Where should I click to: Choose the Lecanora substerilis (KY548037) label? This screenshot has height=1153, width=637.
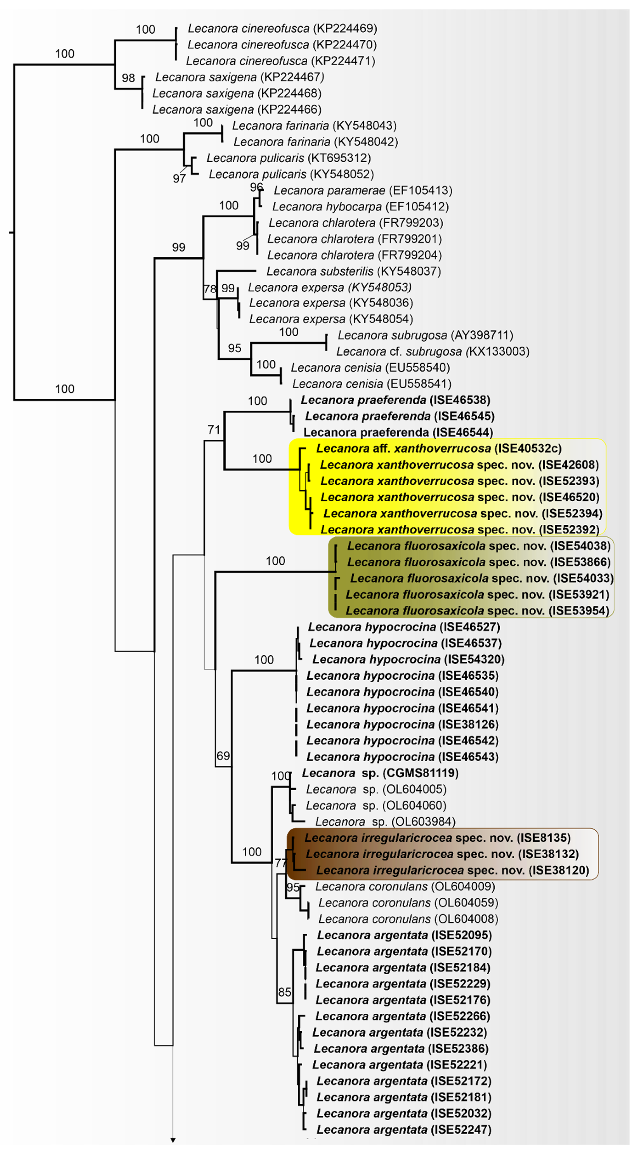[x=354, y=271]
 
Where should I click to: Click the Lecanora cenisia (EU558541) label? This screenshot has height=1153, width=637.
[x=372, y=384]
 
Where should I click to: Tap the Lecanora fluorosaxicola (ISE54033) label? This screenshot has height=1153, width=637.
[x=482, y=578]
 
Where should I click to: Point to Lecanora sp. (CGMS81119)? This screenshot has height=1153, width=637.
[x=380, y=773]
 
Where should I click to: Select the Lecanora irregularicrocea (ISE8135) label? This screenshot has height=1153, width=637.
[x=437, y=838]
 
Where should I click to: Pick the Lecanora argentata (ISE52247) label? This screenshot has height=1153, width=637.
[x=404, y=1130]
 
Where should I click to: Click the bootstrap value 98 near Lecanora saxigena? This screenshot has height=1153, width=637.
[x=128, y=78]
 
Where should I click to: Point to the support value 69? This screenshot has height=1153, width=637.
[x=223, y=756]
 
